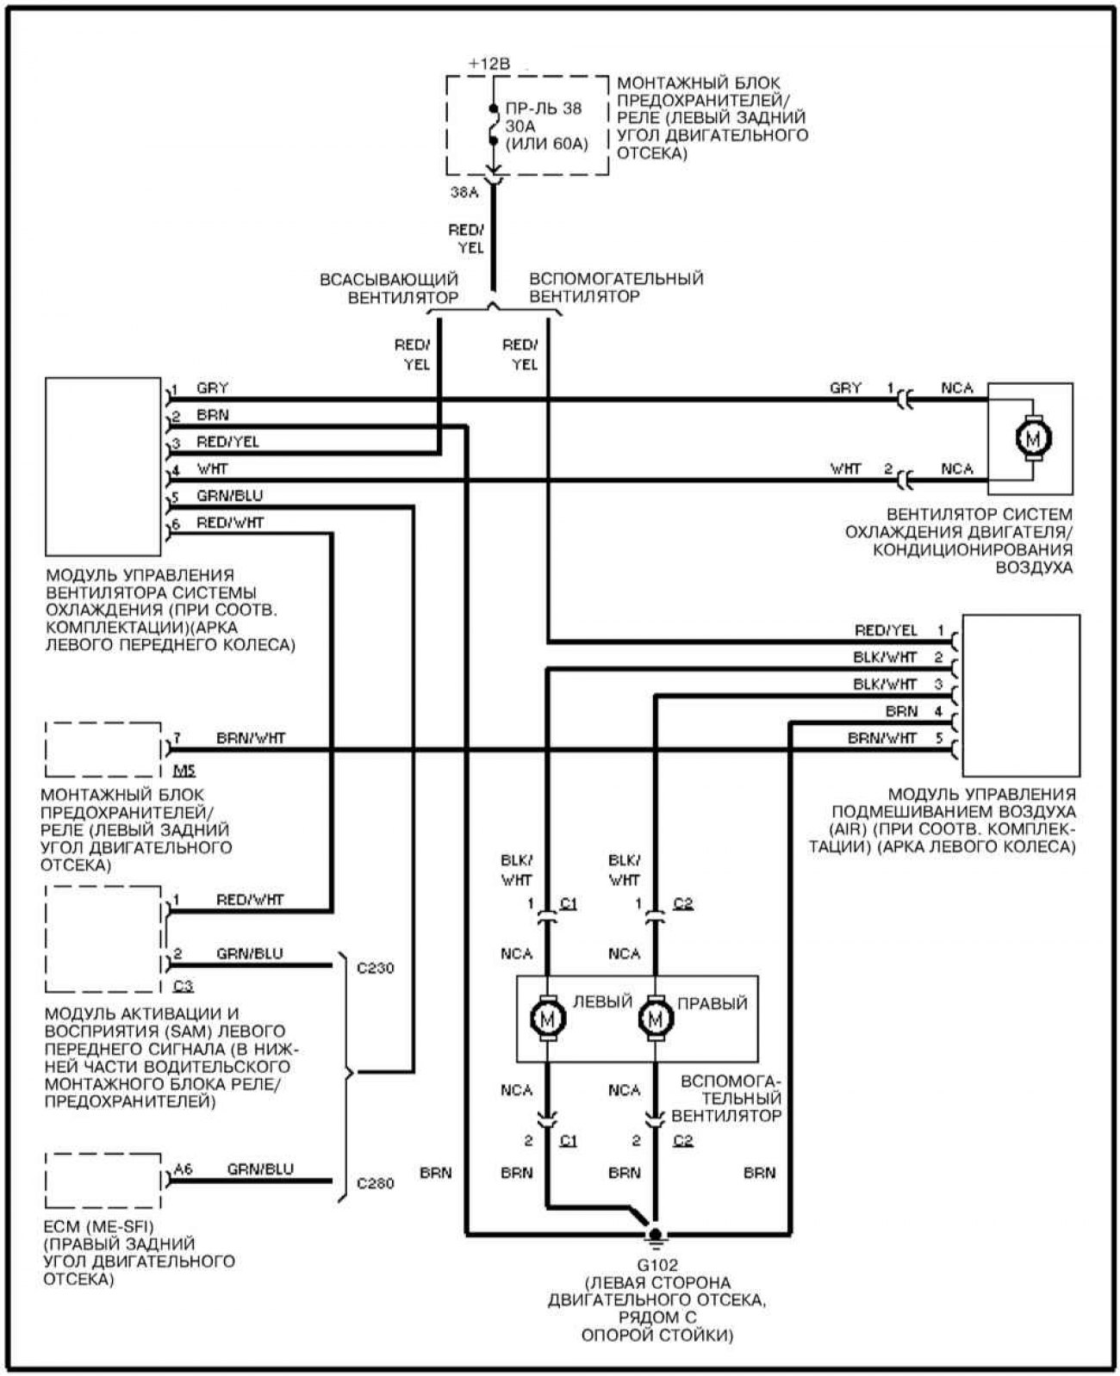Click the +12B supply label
click(488, 64)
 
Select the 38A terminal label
click(464, 192)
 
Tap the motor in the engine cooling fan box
click(1032, 439)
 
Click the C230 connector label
click(375, 969)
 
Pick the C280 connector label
click(375, 1183)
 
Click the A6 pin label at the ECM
click(183, 1168)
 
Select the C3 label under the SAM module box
click(183, 986)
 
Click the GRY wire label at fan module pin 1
click(212, 387)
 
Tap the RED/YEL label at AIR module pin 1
click(886, 629)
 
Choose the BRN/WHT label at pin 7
click(251, 738)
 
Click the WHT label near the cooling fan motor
click(845, 468)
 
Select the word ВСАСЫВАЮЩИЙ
click(389, 280)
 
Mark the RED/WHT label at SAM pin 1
click(250, 899)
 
